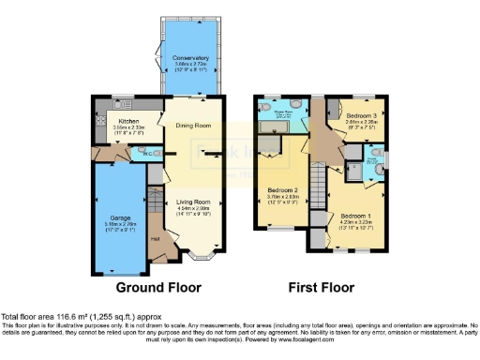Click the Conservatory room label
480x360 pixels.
pyautogui.click(x=190, y=57)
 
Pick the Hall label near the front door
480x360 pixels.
pyautogui.click(x=155, y=238)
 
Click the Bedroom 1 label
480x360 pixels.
pyautogui.click(x=354, y=215)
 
